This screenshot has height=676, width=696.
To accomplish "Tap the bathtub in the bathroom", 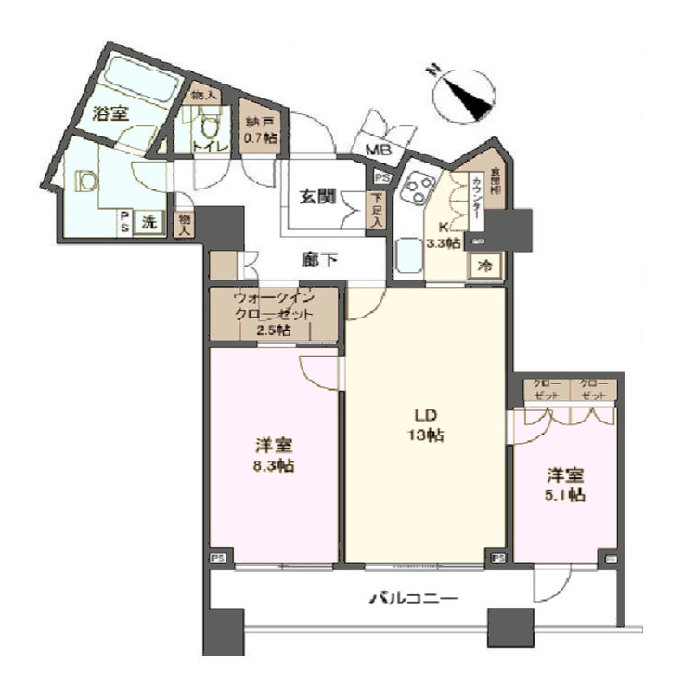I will (140, 79).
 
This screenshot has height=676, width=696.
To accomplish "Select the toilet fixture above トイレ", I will (209, 124).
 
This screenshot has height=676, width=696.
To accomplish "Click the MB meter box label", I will (377, 150).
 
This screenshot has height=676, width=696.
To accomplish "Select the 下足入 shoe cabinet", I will (376, 210).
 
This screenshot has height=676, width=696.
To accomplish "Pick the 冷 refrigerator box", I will (484, 265).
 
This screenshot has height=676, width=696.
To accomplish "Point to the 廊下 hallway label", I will (318, 260).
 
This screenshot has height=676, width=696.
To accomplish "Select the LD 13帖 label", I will (425, 425).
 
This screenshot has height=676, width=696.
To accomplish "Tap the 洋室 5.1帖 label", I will (564, 485).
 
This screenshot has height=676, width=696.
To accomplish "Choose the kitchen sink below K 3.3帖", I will (409, 255).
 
